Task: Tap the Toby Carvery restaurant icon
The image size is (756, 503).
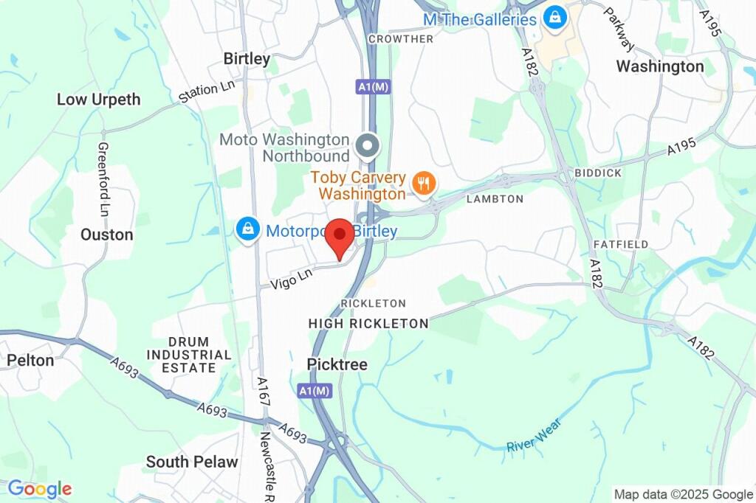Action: [x=423, y=182]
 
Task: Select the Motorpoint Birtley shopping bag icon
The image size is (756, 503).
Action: [x=247, y=229]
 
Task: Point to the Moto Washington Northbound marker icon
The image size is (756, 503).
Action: [x=367, y=145]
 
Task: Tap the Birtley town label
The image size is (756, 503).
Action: [x=247, y=59]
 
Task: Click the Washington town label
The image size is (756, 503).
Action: [x=660, y=66]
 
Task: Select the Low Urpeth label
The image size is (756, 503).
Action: [x=98, y=100]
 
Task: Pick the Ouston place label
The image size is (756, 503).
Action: [x=107, y=235]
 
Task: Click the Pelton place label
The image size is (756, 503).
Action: [x=30, y=361]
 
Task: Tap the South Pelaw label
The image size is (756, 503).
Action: [x=192, y=462]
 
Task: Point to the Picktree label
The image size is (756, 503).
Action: [x=337, y=364]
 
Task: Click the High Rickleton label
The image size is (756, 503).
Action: [x=368, y=323]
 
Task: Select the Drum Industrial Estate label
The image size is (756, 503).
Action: [x=188, y=355]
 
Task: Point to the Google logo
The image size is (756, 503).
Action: [x=40, y=488]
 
